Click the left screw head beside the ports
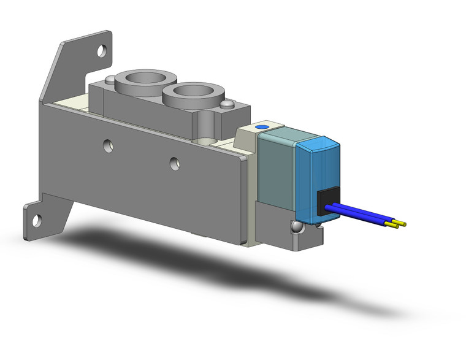[109, 80]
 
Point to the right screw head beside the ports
[229, 105]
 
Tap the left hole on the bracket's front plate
[108, 145]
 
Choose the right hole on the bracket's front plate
[175, 163]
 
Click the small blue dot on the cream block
[263, 126]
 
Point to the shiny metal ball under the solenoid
[297, 226]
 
